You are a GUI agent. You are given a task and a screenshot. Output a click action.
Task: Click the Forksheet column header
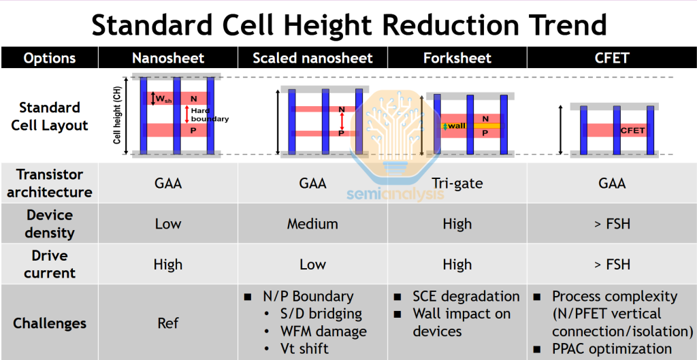[x=457, y=58]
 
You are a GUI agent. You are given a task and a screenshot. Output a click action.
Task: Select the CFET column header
[x=611, y=58]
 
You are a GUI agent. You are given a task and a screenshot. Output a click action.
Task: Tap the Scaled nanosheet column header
[x=312, y=58]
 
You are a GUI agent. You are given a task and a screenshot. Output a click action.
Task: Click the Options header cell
[x=50, y=58]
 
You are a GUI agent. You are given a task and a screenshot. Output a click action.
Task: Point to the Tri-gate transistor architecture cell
[x=457, y=183]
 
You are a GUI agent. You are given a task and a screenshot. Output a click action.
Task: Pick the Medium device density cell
[x=312, y=224]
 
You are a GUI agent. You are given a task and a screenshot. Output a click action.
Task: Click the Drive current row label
[x=50, y=264]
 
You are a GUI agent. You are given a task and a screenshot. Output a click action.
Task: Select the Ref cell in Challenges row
[x=167, y=323]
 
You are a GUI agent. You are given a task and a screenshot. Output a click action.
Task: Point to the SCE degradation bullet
[x=466, y=297]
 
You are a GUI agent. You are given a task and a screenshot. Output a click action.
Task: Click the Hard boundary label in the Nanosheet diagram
[x=209, y=115]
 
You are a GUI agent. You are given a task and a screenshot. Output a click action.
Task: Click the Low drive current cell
[x=312, y=264]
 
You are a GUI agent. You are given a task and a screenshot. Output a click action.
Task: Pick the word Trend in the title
[x=562, y=25]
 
